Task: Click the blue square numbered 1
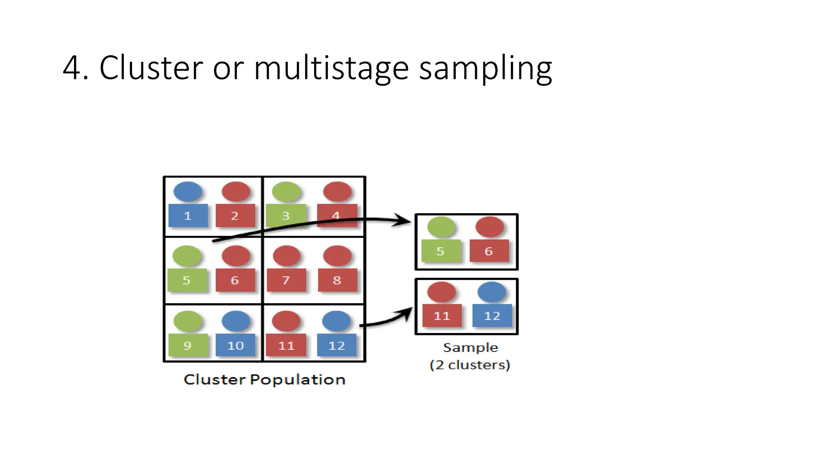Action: pos(188,216)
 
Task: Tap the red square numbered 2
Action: pos(235,216)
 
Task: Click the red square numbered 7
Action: pos(286,280)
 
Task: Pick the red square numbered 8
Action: pos(337,280)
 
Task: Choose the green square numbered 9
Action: pos(188,345)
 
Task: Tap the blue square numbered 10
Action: pos(235,345)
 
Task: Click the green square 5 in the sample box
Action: pos(441,251)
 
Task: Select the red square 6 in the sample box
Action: pos(489,251)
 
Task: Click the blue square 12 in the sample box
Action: pos(492,316)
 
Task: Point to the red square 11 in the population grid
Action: pos(286,345)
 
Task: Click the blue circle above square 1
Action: pos(188,192)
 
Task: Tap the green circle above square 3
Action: pos(286,192)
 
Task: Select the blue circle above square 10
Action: pos(236,321)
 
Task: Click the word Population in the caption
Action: pos(297,380)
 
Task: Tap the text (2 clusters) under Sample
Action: pos(470,365)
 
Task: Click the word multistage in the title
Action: pos(331,68)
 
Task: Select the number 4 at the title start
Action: pos(72,68)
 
